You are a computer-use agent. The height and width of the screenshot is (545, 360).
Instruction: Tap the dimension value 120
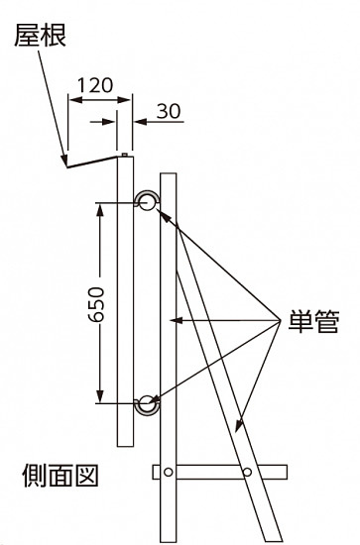95,85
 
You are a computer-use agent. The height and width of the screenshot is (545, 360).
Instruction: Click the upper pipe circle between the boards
146,201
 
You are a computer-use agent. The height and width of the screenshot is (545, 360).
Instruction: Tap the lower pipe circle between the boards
146,402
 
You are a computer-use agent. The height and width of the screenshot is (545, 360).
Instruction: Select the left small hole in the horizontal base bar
170,471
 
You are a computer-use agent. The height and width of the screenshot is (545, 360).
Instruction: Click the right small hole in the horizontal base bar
247,471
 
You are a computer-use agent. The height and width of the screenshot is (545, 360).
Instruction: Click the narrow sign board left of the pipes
124,297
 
